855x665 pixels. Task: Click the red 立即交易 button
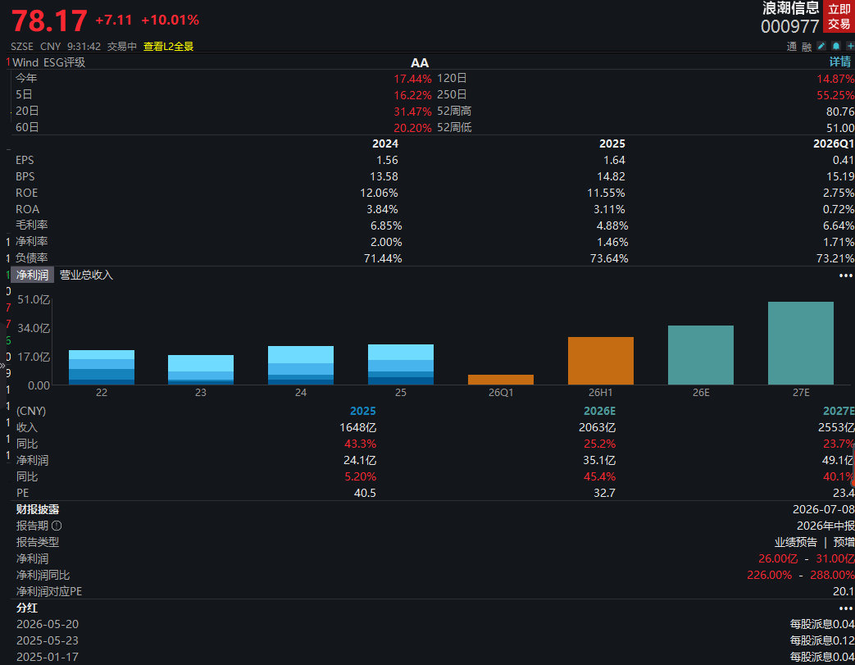tap(839, 16)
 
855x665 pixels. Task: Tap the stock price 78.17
tap(49, 20)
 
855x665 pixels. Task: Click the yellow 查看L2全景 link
tap(168, 47)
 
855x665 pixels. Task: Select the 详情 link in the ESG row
tap(839, 61)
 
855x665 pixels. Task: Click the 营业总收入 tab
tap(86, 275)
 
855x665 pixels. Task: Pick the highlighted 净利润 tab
tap(32, 275)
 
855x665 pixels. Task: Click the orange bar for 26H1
tap(600, 361)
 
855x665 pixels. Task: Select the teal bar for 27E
tap(800, 343)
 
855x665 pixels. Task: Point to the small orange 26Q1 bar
tap(501, 380)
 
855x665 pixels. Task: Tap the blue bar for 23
tap(201, 370)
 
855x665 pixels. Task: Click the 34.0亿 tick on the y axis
tap(34, 328)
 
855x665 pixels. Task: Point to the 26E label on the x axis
tap(701, 392)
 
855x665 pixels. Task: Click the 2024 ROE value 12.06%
tap(379, 194)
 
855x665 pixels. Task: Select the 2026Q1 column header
tap(833, 143)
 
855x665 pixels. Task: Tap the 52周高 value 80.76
tap(840, 112)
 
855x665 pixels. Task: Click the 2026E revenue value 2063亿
tap(597, 427)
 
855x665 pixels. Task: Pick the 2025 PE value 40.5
tap(365, 493)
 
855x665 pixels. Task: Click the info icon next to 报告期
tap(57, 526)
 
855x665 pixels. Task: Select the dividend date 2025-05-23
tap(48, 640)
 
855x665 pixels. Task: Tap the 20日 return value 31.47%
tap(412, 112)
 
